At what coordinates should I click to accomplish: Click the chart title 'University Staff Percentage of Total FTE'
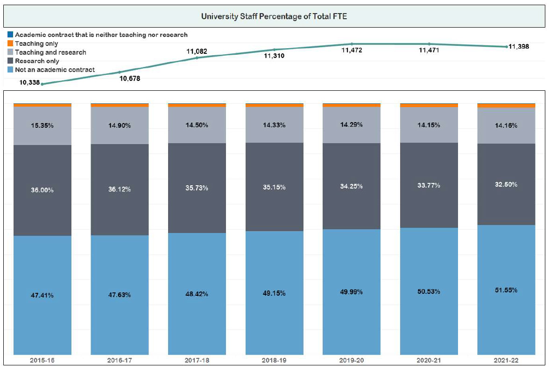pyautogui.click(x=275, y=16)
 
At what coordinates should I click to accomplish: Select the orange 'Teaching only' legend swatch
pyautogui.click(x=10, y=44)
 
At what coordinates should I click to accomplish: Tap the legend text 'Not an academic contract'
pyautogui.click(x=55, y=70)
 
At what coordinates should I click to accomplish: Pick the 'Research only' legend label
pyautogui.click(x=37, y=61)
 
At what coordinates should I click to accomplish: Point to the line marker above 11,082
pyautogui.click(x=197, y=58)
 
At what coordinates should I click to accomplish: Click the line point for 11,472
pyautogui.click(x=352, y=44)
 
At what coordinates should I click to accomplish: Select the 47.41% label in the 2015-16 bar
pyautogui.click(x=42, y=295)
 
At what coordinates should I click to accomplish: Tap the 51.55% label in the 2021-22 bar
pyautogui.click(x=506, y=290)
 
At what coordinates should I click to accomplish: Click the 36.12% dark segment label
pyautogui.click(x=120, y=189)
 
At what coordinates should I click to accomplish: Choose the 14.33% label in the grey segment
pyautogui.click(x=274, y=125)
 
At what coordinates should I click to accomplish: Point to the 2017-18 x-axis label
pyautogui.click(x=197, y=361)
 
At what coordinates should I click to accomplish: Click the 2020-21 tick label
pyautogui.click(x=429, y=361)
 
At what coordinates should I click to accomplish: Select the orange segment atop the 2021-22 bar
pyautogui.click(x=506, y=106)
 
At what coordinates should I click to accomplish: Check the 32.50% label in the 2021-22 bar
pyautogui.click(x=506, y=184)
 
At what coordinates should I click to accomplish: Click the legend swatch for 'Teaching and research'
pyautogui.click(x=10, y=52)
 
